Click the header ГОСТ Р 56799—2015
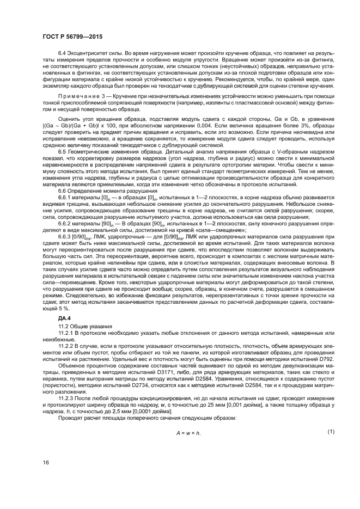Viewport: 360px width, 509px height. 72,36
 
